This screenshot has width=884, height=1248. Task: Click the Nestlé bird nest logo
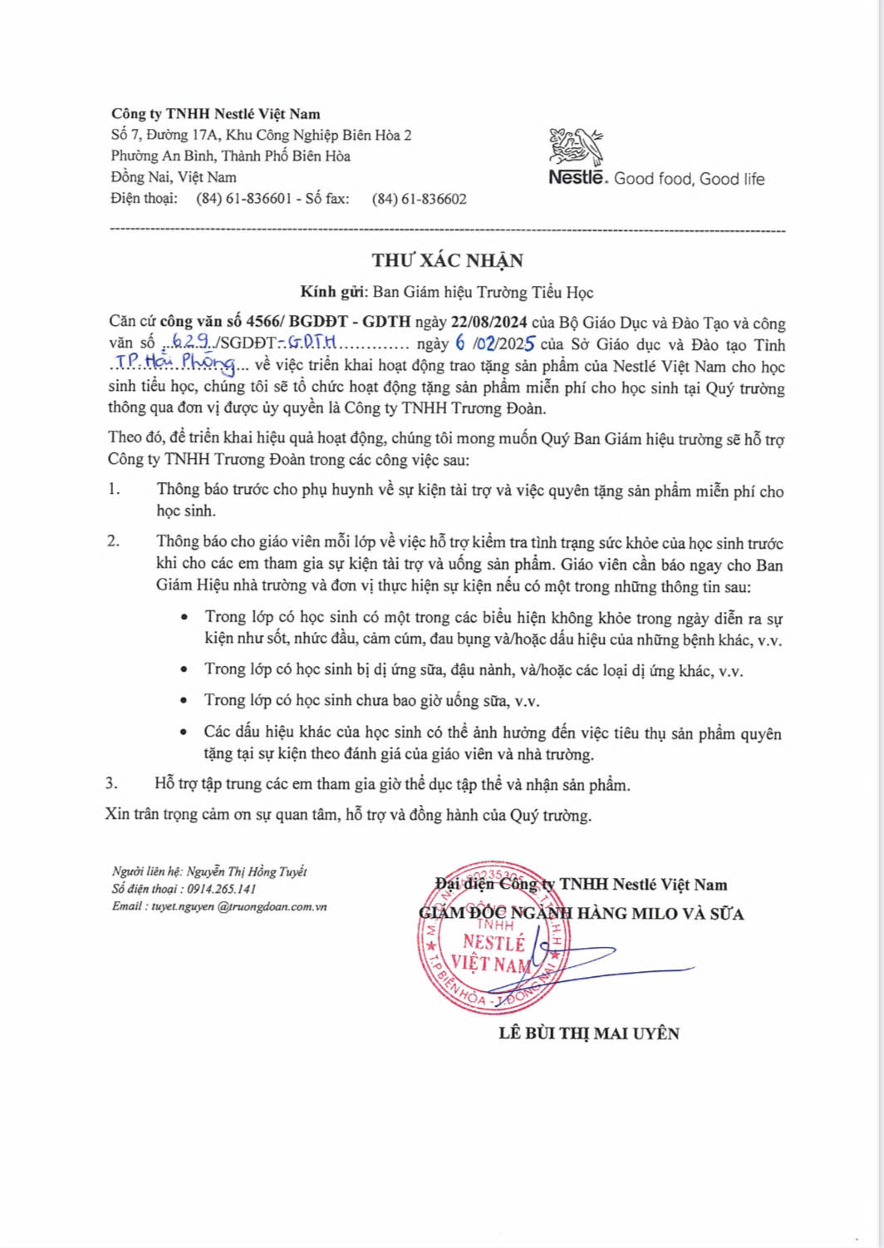pos(575,146)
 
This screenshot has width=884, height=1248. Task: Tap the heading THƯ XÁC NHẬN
pos(448,260)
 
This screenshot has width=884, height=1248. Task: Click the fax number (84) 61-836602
pos(419,199)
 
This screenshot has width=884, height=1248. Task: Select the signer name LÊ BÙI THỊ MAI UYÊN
pos(589,1033)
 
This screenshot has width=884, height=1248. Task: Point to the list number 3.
pos(111,783)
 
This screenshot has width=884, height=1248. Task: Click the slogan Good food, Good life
pos(689,179)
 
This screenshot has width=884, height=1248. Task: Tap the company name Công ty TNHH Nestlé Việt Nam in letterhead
pos(216,114)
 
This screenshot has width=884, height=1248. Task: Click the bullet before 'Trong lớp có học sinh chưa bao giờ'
pos(184,701)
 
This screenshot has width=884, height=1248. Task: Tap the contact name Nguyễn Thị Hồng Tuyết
pos(247,871)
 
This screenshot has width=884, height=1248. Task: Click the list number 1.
pos(114,490)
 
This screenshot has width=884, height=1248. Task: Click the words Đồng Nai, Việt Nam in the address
pos(174,177)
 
